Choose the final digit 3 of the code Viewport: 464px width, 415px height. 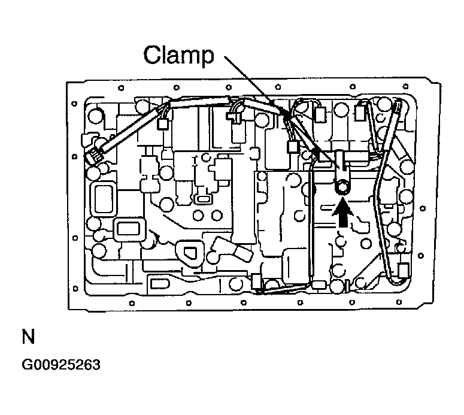click(x=95, y=365)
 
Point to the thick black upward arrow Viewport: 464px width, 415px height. click(x=343, y=213)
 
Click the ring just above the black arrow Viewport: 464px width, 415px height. click(x=342, y=188)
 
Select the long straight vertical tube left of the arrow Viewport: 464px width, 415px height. click(x=311, y=222)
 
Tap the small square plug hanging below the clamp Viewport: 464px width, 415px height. click(x=293, y=146)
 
